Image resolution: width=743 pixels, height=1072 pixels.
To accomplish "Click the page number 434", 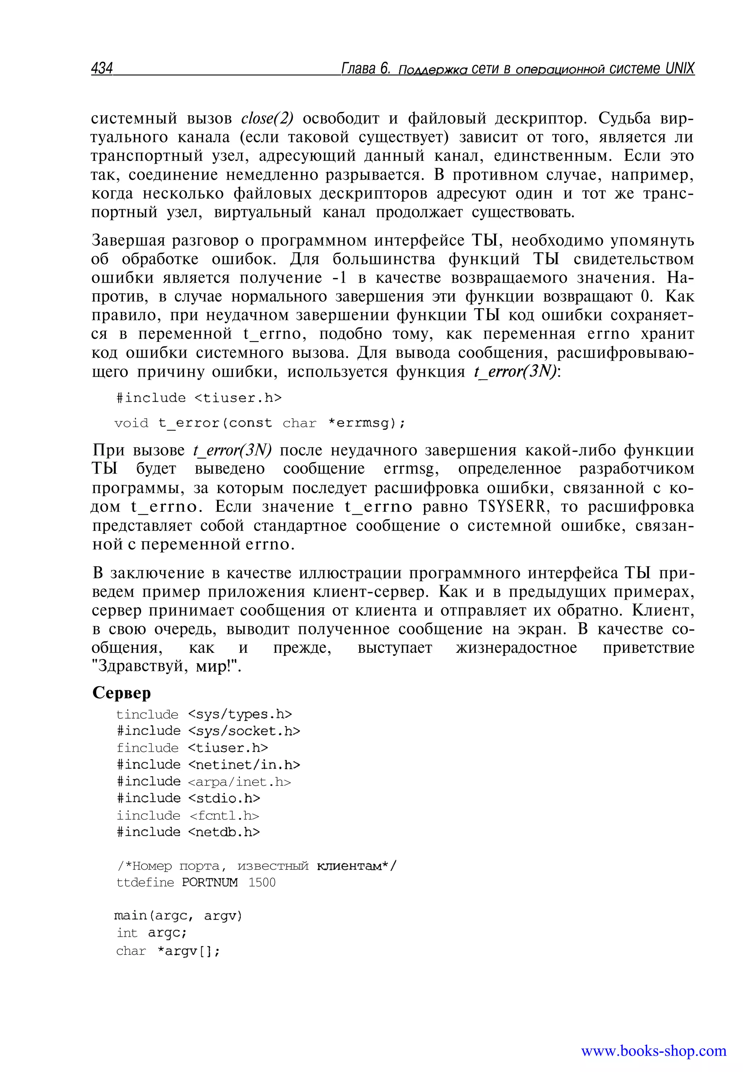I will click(x=102, y=69).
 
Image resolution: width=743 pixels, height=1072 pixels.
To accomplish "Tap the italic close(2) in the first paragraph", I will click(x=267, y=119).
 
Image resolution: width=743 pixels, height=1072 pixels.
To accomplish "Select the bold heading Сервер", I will click(x=122, y=693).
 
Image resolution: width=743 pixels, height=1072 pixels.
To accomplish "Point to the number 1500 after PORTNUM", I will click(x=262, y=883).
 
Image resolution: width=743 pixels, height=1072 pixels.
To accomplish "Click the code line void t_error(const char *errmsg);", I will click(x=260, y=423).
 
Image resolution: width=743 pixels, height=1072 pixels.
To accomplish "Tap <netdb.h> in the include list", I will click(x=224, y=832).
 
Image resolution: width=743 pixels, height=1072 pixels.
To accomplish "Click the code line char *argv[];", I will click(x=168, y=951).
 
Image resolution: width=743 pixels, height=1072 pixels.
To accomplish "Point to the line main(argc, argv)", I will click(x=178, y=916).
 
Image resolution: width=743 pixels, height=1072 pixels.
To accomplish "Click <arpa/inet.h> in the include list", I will click(x=239, y=782).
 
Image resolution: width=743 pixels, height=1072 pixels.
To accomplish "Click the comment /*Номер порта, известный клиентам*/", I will click(x=257, y=866).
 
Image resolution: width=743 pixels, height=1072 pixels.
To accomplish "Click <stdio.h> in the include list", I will click(x=224, y=798).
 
